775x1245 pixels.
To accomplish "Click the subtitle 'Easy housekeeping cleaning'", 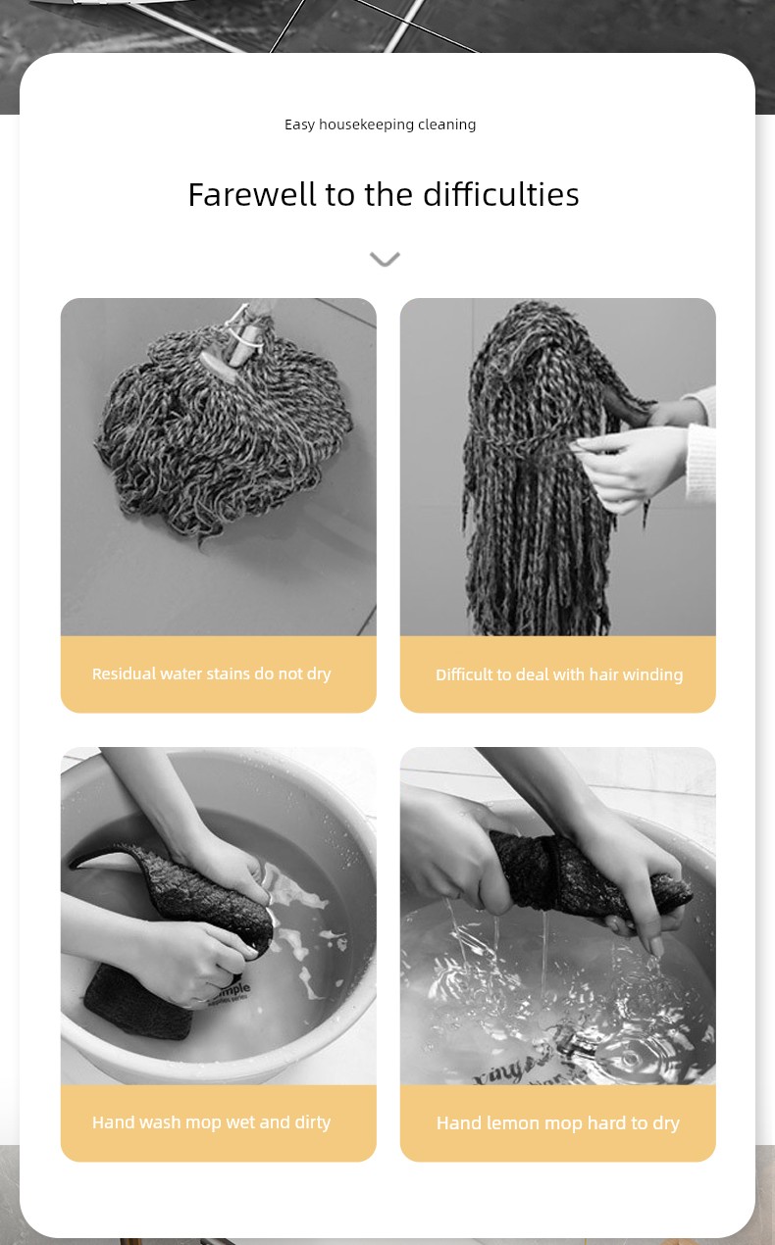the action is pos(380,124).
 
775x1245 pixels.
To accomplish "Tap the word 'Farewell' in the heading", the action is pos(252,194).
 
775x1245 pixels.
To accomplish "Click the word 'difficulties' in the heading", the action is pos(500,194).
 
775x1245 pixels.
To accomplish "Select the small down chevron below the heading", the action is pos(385,259).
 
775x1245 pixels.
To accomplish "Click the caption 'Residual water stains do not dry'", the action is pos(212,673).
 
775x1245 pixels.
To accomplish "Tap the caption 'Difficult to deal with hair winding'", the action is pos(559,674).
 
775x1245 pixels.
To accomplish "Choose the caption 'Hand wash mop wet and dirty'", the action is pos(212,1122).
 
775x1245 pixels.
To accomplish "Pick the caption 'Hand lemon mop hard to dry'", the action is pos(558,1122).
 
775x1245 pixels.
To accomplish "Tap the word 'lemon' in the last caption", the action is pos(512,1122).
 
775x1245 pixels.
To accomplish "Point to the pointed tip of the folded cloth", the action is pos(71,866).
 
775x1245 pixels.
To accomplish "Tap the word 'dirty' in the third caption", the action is pos(312,1122).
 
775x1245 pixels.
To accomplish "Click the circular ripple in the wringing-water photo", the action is pos(632,1058).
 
